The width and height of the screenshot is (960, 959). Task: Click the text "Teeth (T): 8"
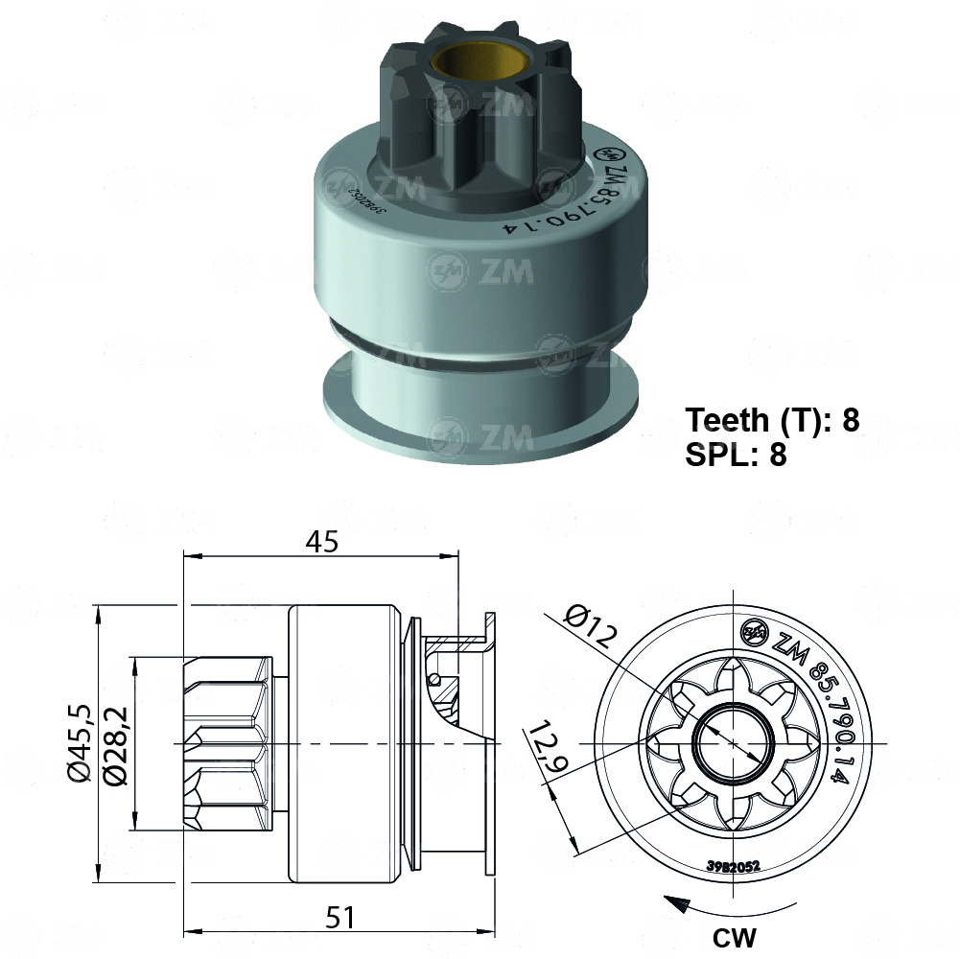click(772, 420)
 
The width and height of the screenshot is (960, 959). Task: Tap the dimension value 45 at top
click(322, 542)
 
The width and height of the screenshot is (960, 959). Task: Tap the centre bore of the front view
click(734, 743)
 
